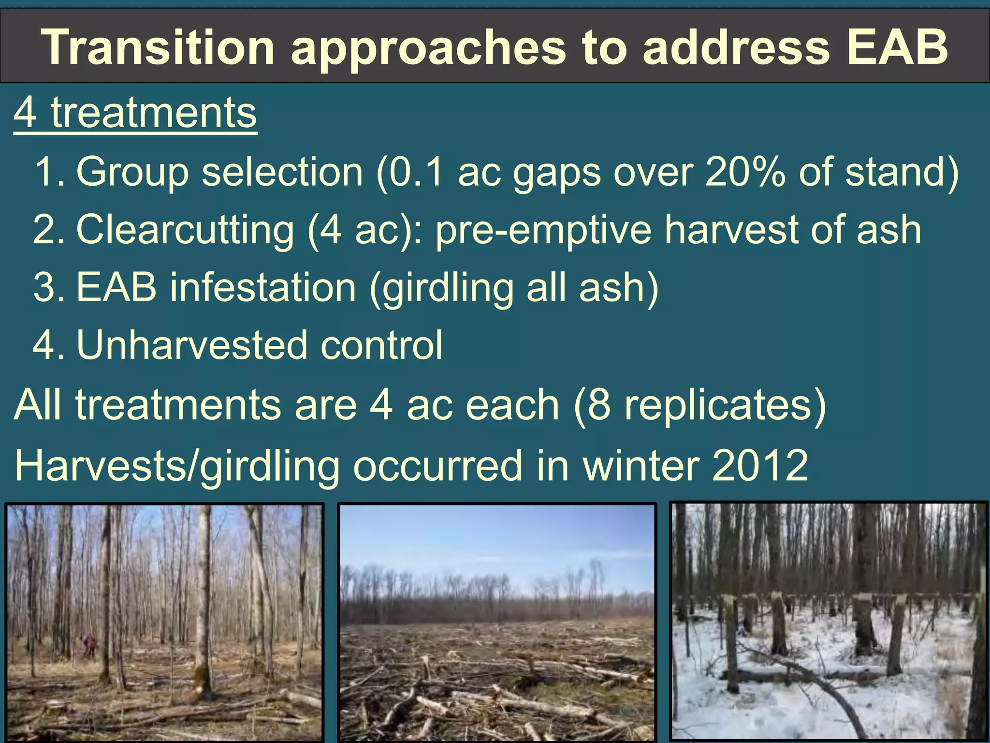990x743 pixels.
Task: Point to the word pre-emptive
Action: coord(543,230)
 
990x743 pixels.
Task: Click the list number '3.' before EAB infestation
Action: coord(48,288)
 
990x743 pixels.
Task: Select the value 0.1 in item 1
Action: coord(416,172)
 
